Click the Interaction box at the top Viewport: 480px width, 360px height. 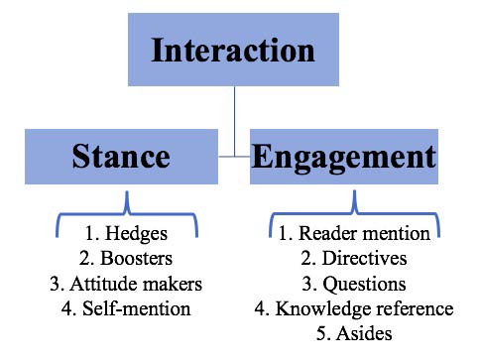[x=233, y=50]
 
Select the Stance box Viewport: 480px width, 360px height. [x=121, y=157]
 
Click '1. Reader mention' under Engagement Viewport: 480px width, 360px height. [x=354, y=235]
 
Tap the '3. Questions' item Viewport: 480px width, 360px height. [x=354, y=285]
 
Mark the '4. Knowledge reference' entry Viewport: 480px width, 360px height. [x=354, y=309]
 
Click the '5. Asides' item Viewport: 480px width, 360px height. [x=354, y=334]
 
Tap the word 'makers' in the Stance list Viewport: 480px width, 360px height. [x=174, y=284]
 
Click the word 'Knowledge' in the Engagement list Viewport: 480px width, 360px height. [x=322, y=309]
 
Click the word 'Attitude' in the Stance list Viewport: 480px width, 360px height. [x=102, y=284]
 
